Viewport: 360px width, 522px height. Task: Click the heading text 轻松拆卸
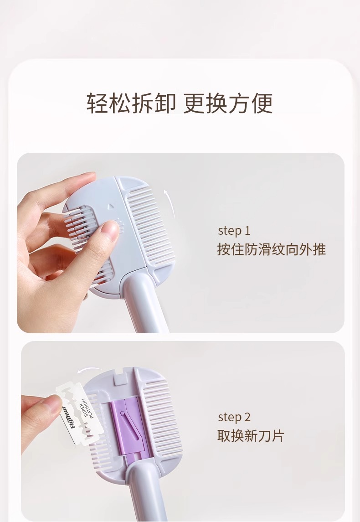coord(131,103)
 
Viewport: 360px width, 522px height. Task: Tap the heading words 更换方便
coord(228,103)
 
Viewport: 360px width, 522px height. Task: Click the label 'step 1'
coord(234,231)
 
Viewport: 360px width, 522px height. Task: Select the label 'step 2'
coord(234,417)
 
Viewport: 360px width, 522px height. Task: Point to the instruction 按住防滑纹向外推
coord(272,249)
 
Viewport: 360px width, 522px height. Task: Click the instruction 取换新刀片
coord(251,436)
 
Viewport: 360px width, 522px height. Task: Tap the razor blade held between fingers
coord(75,413)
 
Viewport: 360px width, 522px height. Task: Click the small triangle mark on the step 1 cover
coord(111,207)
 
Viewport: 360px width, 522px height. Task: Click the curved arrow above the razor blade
coord(89,370)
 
